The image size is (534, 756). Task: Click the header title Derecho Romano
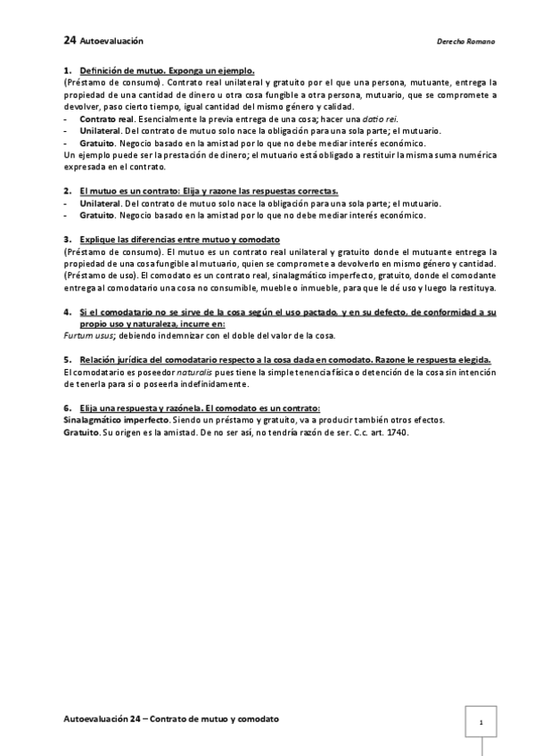(466, 41)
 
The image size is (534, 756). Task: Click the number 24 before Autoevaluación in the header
(70, 40)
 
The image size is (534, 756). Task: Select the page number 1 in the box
(481, 722)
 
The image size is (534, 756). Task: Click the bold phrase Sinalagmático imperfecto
(116, 419)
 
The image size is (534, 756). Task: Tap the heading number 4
(68, 312)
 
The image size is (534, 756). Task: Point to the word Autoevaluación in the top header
(111, 41)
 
